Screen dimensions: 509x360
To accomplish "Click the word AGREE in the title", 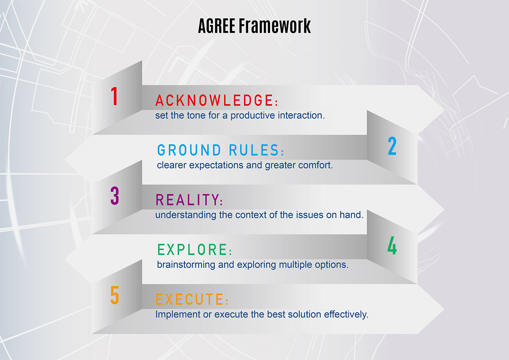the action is pos(217,26).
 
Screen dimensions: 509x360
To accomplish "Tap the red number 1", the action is pos(114,96).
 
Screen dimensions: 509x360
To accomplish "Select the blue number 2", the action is pos(392,146).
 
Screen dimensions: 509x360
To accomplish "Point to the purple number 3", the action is pos(115,196).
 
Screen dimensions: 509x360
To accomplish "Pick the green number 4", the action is pos(392,245).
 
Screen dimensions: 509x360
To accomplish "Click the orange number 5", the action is pos(115,295).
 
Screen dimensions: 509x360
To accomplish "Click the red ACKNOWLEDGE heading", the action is pos(217,100).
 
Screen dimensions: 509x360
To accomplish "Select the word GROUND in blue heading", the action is pos(189,150).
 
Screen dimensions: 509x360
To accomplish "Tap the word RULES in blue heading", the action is pos(256,150).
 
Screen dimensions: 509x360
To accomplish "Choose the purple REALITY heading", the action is pos(189,200).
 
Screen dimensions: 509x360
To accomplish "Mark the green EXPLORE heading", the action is pos(194,249).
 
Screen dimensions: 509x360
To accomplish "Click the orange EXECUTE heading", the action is pos(192,299).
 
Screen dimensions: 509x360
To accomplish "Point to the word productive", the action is pos(253,116).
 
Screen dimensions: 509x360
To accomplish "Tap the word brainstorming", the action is pos(186,265).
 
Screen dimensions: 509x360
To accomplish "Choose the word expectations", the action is pos(216,165).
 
